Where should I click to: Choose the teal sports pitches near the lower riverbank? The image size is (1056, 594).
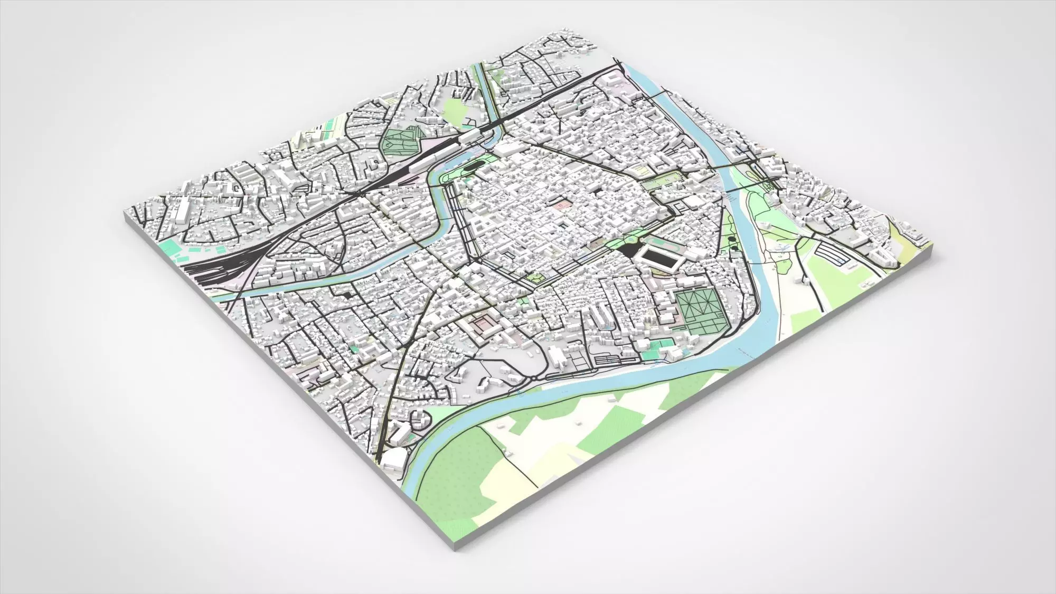click(x=660, y=345)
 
